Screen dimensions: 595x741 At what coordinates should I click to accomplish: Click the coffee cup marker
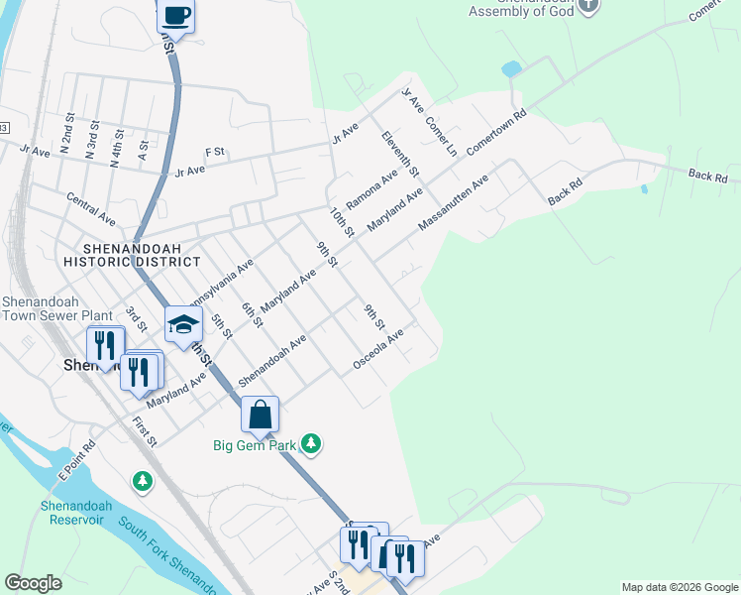pyautogui.click(x=176, y=17)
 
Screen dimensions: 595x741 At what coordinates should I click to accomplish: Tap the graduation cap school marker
pyautogui.click(x=183, y=325)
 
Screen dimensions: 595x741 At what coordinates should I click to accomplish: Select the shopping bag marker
pyautogui.click(x=260, y=416)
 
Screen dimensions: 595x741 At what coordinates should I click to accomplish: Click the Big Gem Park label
pyautogui.click(x=256, y=445)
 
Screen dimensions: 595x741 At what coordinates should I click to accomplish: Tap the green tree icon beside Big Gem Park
pyautogui.click(x=312, y=442)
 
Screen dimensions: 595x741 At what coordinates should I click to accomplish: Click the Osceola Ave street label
pyautogui.click(x=379, y=352)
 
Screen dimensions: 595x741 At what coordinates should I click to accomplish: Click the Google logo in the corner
pyautogui.click(x=33, y=583)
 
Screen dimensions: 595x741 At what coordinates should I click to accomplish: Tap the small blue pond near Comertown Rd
pyautogui.click(x=511, y=69)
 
